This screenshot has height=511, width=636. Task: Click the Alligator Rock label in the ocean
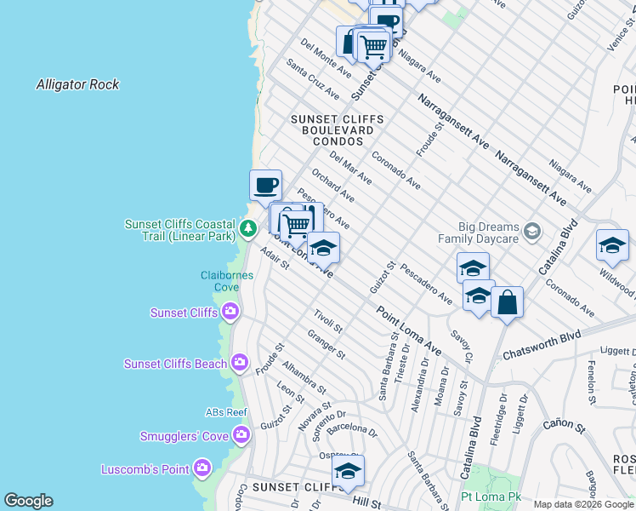77,84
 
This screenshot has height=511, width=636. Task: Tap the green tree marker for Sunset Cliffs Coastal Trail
247,228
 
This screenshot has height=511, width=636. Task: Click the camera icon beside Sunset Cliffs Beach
240,364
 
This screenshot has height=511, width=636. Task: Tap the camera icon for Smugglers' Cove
241,437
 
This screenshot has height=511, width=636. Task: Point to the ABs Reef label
225,412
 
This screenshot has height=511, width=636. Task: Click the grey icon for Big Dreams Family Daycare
532,231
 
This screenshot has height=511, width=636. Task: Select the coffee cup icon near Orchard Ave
265,185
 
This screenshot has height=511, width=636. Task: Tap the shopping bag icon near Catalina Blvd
507,302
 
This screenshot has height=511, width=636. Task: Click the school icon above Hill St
348,471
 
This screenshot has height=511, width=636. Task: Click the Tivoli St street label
327,322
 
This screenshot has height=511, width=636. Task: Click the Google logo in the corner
28,501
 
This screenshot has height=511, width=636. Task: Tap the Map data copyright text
583,504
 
